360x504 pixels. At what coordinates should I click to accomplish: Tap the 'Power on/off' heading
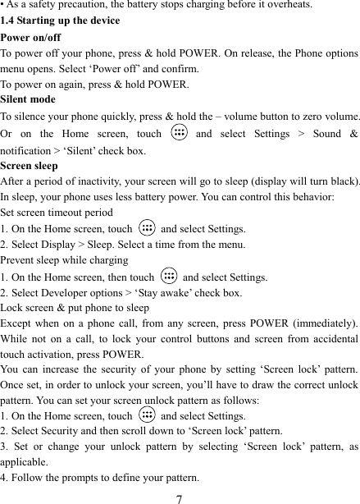[30, 37]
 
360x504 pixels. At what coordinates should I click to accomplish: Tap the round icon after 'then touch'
[168, 277]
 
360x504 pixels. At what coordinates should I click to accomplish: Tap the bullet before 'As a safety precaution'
[2, 5]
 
